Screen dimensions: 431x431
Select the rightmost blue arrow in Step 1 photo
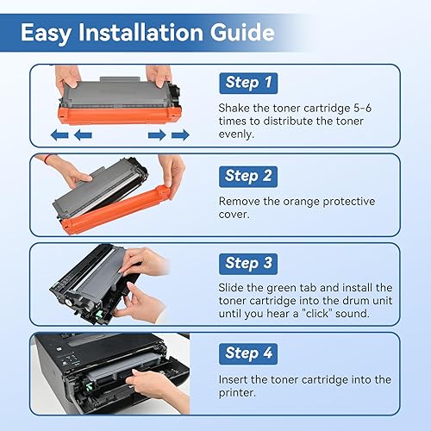[180, 134]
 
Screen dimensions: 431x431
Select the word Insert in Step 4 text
[237, 379]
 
